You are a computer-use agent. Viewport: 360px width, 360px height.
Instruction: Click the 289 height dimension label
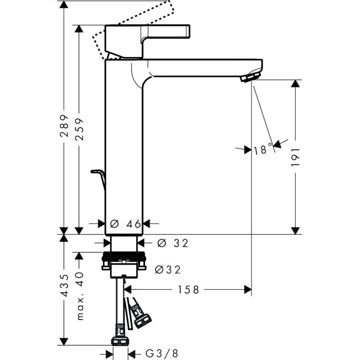pos(64,126)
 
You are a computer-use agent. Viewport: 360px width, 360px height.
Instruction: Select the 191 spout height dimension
pos(296,157)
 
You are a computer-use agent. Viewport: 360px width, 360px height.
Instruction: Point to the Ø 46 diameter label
pos(125,224)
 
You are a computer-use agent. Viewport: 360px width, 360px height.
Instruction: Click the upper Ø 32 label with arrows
pos(173,243)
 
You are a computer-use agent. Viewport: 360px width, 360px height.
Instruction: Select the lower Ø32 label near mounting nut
pos(168,269)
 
